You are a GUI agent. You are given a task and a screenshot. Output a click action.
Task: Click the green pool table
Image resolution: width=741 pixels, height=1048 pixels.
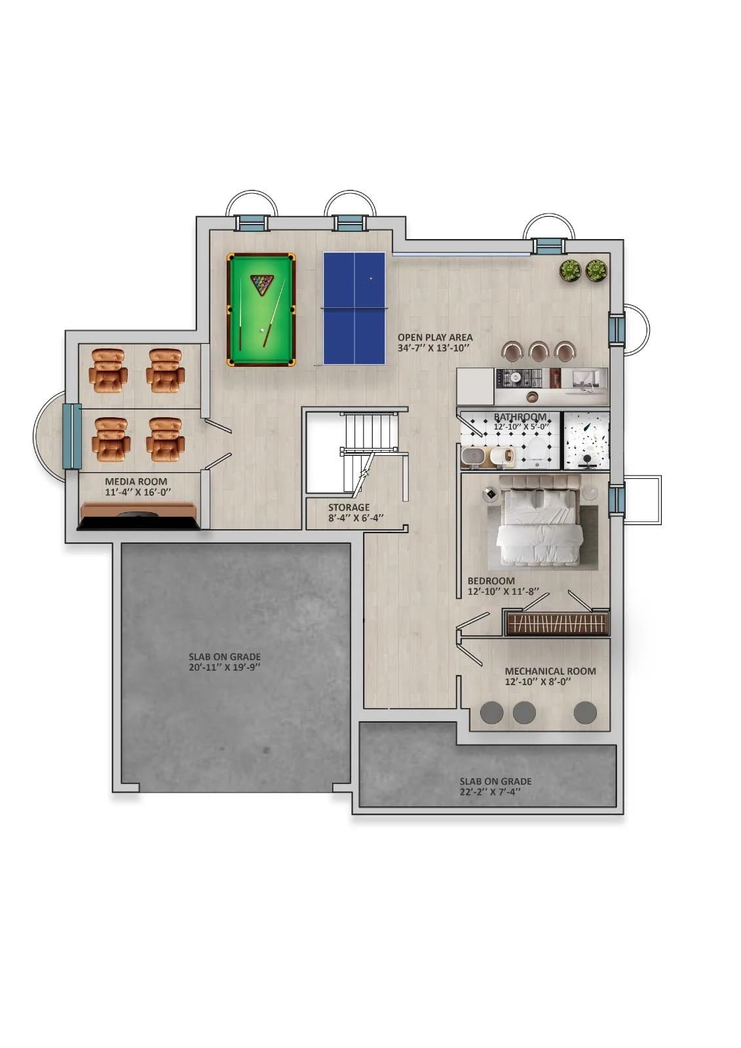pyautogui.click(x=261, y=309)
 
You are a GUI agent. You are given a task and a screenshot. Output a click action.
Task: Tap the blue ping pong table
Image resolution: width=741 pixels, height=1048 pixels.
pyautogui.click(x=354, y=309)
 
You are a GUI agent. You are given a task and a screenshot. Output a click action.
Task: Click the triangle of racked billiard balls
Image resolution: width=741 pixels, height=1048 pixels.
pyautogui.click(x=261, y=284)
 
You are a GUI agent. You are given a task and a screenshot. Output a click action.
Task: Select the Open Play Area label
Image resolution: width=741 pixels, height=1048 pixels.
pyautogui.click(x=435, y=337)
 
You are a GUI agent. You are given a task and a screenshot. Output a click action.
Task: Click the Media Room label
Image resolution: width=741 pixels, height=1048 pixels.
pyautogui.click(x=136, y=481)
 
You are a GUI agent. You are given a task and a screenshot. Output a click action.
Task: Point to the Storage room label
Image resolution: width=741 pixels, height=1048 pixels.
pyautogui.click(x=349, y=507)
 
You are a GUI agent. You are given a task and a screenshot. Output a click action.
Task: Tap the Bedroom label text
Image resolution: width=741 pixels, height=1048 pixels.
pyautogui.click(x=491, y=580)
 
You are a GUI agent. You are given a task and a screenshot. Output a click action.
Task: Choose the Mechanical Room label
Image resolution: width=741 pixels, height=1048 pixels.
pyautogui.click(x=550, y=671)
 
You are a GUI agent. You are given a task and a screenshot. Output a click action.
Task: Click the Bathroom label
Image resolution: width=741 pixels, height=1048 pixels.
pyautogui.click(x=520, y=417)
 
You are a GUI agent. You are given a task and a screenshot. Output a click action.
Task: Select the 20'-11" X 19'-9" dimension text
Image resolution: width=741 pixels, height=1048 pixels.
pyautogui.click(x=225, y=667)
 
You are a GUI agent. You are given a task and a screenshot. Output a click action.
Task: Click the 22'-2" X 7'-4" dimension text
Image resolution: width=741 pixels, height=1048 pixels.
pyautogui.click(x=490, y=792)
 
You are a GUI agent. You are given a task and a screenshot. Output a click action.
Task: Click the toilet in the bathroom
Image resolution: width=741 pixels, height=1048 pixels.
pyautogui.click(x=534, y=453)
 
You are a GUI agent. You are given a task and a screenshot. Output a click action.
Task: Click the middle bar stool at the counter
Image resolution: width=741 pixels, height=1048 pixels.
pyautogui.click(x=539, y=351)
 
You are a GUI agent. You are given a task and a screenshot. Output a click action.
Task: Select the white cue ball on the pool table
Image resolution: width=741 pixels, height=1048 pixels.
pyautogui.click(x=262, y=330)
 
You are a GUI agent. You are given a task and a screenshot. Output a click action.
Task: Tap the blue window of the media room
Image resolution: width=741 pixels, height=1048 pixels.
pyautogui.click(x=72, y=436)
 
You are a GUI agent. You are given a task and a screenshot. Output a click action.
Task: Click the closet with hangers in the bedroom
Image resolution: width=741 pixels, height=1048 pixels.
pyautogui.click(x=557, y=623)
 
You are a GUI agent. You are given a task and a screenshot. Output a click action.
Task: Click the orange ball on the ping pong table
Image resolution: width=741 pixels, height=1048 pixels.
pyautogui.click(x=371, y=278)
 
